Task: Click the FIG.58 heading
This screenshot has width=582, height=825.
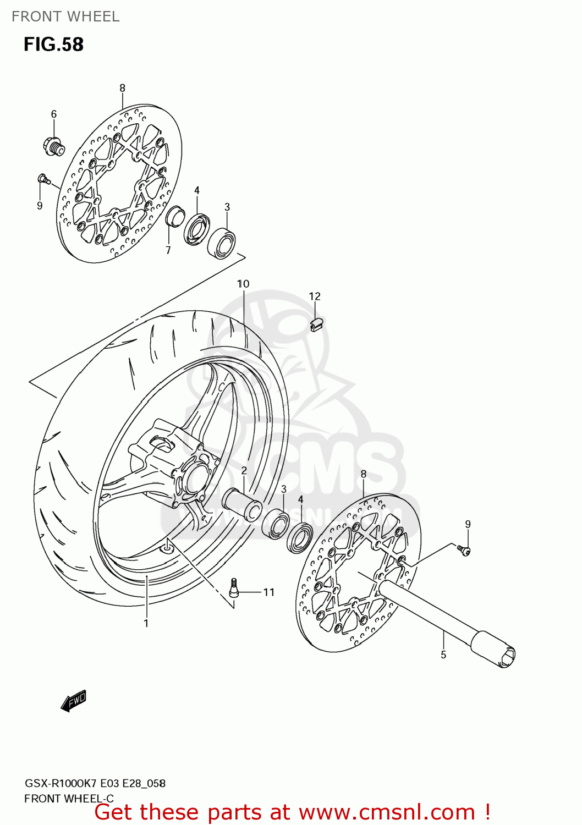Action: [53, 44]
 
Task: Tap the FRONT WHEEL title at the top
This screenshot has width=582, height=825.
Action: [65, 16]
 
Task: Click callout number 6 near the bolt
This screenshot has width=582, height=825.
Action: [54, 114]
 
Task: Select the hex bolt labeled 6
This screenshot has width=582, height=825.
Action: [53, 146]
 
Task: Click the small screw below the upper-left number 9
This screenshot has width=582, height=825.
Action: [43, 179]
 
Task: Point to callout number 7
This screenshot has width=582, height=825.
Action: [168, 250]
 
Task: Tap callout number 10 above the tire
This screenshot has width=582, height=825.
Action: [243, 284]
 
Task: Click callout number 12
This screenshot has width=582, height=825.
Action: [314, 296]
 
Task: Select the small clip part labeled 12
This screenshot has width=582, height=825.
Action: [316, 324]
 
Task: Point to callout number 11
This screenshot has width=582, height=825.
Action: [268, 592]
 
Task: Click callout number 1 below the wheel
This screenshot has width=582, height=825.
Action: [146, 623]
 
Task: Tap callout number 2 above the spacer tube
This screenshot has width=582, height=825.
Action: [244, 471]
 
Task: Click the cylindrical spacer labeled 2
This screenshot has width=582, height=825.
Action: [242, 505]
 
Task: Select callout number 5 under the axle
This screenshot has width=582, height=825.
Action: [443, 654]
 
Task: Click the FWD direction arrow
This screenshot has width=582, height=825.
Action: [74, 701]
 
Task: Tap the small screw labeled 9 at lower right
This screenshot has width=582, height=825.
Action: [464, 549]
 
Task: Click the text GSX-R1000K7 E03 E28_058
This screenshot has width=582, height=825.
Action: [95, 783]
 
